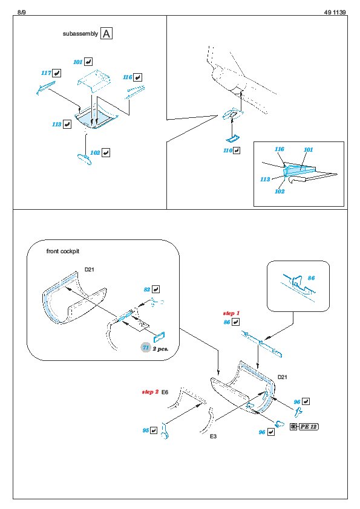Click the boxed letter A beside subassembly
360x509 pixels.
click(106, 33)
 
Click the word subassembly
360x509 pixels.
click(80, 34)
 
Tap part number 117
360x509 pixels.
click(46, 73)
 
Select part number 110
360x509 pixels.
click(227, 151)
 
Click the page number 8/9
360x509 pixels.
click(21, 12)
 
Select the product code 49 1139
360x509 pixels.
click(335, 12)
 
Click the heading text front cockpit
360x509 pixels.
click(63, 251)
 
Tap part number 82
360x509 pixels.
click(147, 289)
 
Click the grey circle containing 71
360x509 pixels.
click(146, 348)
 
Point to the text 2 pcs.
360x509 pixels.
click(160, 349)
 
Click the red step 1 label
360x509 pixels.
click(231, 313)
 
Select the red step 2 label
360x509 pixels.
click(150, 392)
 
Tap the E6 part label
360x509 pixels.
click(165, 392)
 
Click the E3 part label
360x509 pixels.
click(213, 436)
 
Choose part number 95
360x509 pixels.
click(146, 430)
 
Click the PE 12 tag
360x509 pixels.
click(304, 427)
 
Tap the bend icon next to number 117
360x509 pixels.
click(56, 73)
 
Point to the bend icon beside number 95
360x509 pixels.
click(154, 430)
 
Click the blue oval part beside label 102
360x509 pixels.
click(85, 160)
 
